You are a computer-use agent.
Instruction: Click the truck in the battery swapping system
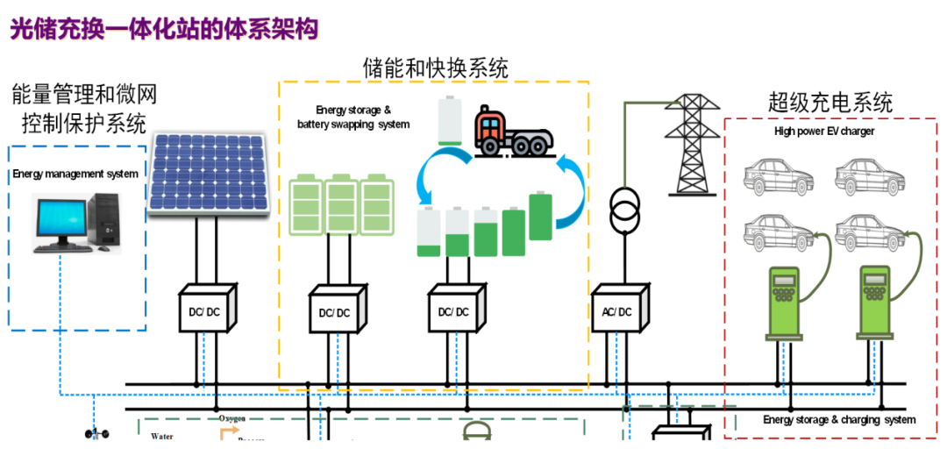click(513, 132)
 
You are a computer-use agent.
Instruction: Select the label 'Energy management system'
click(75, 174)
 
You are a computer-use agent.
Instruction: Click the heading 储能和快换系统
click(435, 68)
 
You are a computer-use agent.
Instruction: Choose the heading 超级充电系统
click(830, 103)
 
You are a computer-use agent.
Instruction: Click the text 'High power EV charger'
click(823, 132)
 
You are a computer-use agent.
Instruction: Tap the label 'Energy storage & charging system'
click(839, 420)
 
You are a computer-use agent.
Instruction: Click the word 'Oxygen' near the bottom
click(232, 419)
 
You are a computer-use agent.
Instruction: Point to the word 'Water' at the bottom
click(162, 435)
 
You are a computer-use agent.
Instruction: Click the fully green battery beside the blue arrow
click(541, 217)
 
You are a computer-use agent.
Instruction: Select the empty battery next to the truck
click(449, 121)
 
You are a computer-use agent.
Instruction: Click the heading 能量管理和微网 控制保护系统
click(84, 108)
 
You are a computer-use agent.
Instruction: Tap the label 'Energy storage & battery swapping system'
click(353, 118)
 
